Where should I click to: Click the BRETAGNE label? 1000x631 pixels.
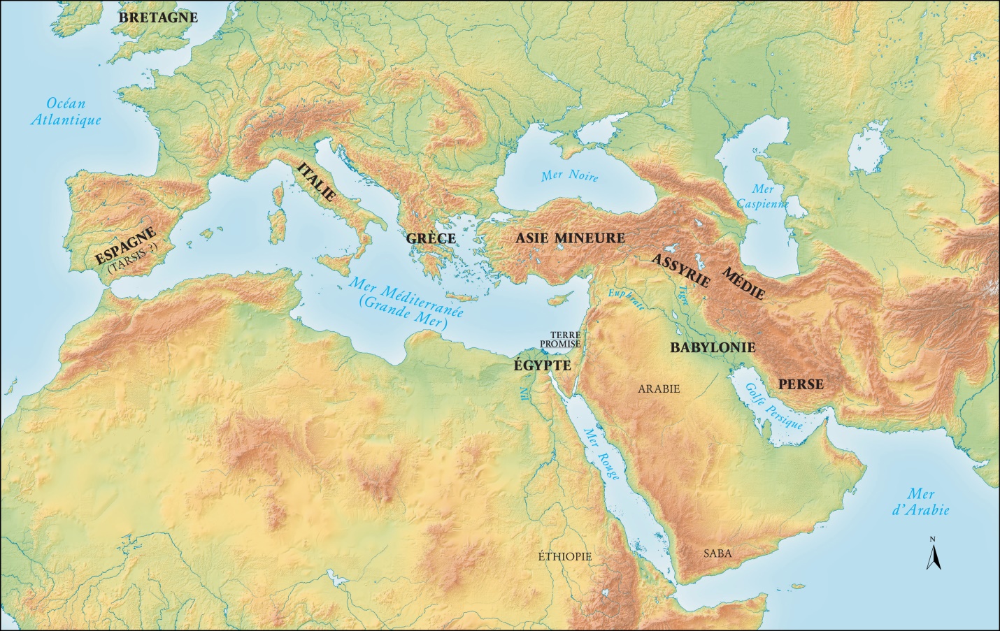click(158, 17)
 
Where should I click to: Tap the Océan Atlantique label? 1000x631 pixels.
click(66, 112)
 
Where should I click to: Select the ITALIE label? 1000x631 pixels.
click(316, 182)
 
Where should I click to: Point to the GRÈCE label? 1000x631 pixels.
click(431, 239)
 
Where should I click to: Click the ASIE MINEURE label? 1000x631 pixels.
click(570, 238)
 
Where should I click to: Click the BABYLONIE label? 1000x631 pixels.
click(713, 347)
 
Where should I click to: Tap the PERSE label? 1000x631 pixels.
click(801, 384)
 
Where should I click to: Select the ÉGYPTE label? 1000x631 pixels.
click(542, 365)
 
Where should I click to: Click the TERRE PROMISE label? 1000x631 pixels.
click(560, 340)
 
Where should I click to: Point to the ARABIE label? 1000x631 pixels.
click(659, 389)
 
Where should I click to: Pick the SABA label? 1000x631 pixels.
click(717, 553)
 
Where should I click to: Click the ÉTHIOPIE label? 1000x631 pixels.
click(564, 556)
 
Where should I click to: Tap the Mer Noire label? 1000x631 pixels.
click(570, 176)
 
